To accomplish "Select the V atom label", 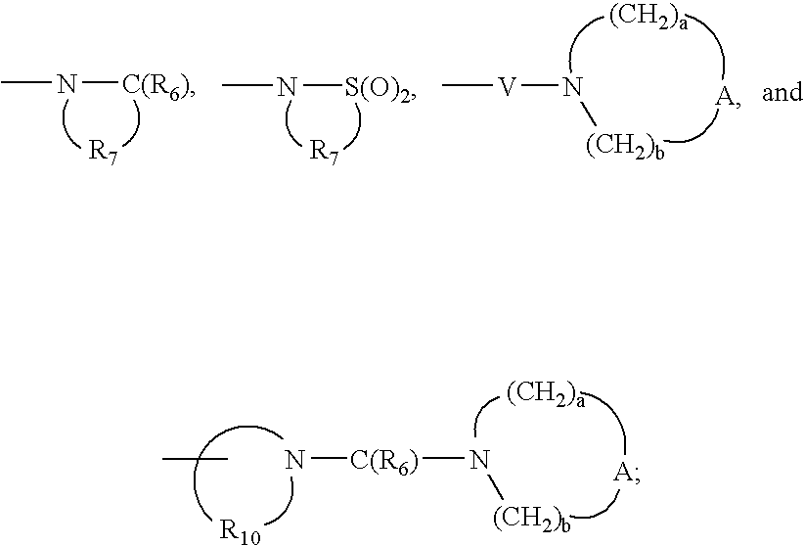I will point(505,90).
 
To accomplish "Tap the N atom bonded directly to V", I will point(573,90).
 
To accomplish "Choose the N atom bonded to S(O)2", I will point(286,90).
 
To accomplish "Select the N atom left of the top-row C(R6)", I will point(67,90).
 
